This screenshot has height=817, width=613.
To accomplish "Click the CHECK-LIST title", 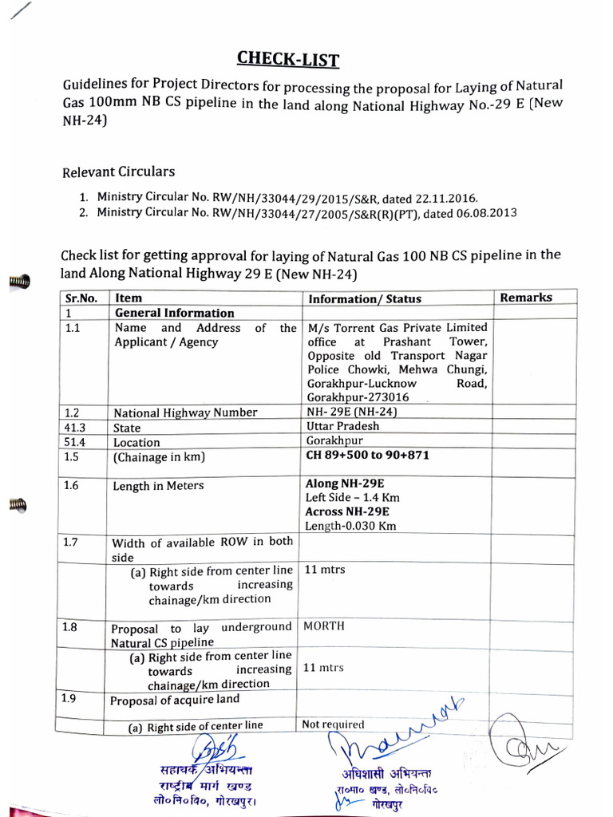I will coord(288,58).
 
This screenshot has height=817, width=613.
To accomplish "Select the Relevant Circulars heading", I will coord(118,172).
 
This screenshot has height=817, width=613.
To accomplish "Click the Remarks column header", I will coord(526,297).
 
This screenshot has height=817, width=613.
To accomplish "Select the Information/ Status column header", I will coord(365,298).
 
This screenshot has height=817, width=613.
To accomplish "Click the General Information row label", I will coord(175,313).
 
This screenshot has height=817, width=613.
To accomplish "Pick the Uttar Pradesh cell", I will coord(343,426).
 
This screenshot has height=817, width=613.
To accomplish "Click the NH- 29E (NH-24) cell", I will coord(352,412).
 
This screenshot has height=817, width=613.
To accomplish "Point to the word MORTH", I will coord(324,626).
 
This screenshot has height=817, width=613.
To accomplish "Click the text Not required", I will coord(333,724).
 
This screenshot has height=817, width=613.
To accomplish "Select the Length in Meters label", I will coord(158,485).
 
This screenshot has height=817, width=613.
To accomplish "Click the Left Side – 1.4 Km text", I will coord(352,497).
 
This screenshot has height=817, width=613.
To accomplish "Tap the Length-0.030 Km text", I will coord(350,526).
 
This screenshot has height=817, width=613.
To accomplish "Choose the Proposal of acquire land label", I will coord(174,701).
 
